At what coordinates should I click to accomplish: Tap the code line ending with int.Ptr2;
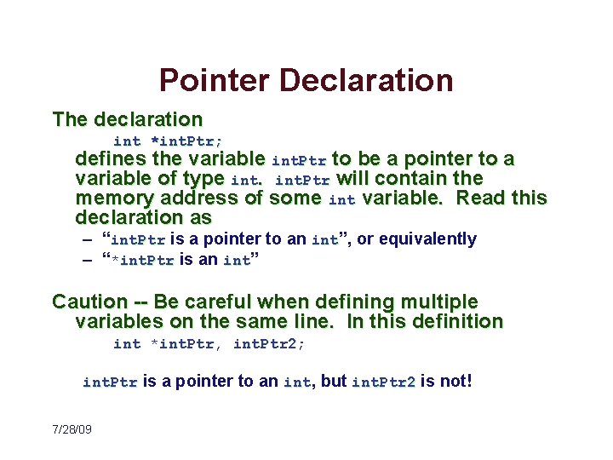click(209, 344)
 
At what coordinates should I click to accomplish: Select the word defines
click(110, 159)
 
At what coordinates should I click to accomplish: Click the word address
click(198, 198)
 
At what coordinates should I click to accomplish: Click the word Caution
click(89, 302)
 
